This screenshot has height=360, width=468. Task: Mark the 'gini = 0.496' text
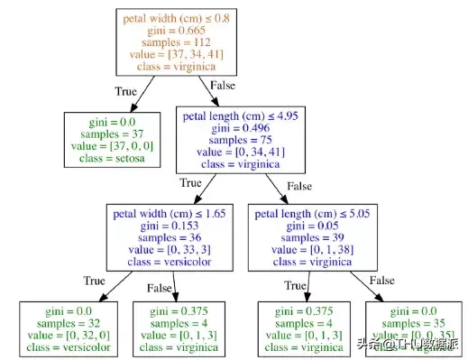(249, 127)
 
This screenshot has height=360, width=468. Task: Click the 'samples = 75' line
(249, 140)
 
